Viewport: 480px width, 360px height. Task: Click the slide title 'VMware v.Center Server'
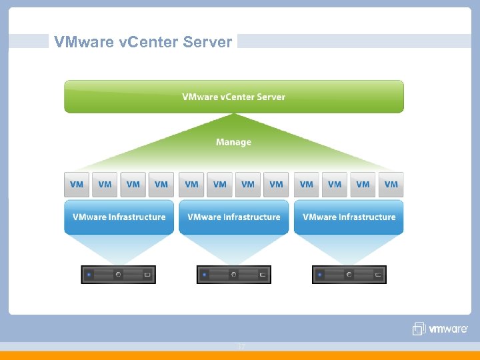tap(143, 42)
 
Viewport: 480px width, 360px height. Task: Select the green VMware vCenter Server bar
tap(233, 97)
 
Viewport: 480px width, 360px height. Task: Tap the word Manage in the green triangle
tap(233, 142)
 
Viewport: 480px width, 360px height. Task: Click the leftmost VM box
tap(77, 185)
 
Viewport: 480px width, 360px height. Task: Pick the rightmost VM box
tap(391, 185)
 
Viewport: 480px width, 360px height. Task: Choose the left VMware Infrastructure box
tap(119, 217)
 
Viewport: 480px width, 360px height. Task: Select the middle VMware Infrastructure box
tap(233, 217)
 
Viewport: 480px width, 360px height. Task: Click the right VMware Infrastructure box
tap(349, 217)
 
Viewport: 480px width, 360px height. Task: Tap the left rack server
tap(119, 274)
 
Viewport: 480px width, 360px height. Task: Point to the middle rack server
tap(233, 274)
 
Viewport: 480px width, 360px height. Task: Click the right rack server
tap(349, 274)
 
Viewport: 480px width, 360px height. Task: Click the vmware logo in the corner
tap(440, 329)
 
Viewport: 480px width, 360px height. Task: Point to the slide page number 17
tap(241, 347)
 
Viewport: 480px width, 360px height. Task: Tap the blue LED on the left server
tap(89, 274)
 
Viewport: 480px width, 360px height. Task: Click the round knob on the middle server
tap(233, 274)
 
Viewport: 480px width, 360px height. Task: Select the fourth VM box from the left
tap(161, 185)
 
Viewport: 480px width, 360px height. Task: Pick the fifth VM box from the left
tap(191, 185)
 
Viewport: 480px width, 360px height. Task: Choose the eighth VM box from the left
tap(277, 185)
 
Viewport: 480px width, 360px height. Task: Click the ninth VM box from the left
tap(306, 185)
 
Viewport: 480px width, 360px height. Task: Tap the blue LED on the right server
tap(319, 274)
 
